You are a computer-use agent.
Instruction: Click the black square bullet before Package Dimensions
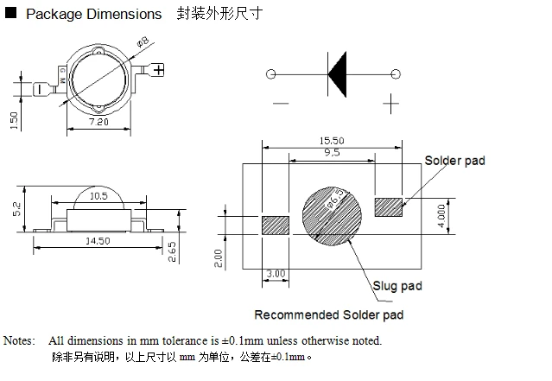click(x=11, y=13)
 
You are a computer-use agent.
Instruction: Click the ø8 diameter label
click(x=143, y=41)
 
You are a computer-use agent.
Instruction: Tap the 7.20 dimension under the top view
click(x=98, y=122)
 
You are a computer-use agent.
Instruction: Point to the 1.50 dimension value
click(x=14, y=120)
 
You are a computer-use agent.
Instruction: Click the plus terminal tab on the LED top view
click(x=156, y=70)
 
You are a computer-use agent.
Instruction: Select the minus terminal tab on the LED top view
click(x=41, y=89)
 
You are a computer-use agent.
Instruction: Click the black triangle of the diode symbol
click(x=337, y=74)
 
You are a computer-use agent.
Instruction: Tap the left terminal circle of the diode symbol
click(x=270, y=74)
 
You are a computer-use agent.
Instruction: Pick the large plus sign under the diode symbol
click(x=390, y=104)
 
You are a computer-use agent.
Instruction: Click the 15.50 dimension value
click(x=332, y=141)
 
